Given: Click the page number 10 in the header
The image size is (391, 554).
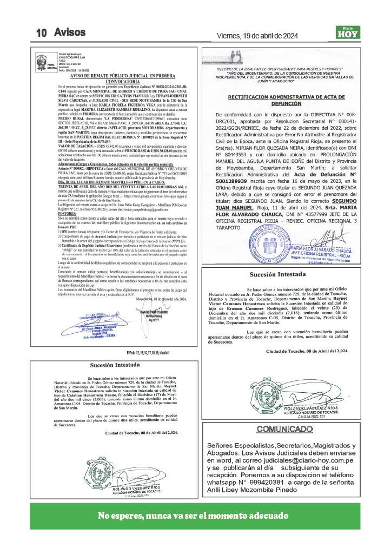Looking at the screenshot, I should (x=42, y=33).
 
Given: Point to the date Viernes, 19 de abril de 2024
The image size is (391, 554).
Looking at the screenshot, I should (x=257, y=36).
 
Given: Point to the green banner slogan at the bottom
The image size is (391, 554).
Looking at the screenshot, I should (x=195, y=515).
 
